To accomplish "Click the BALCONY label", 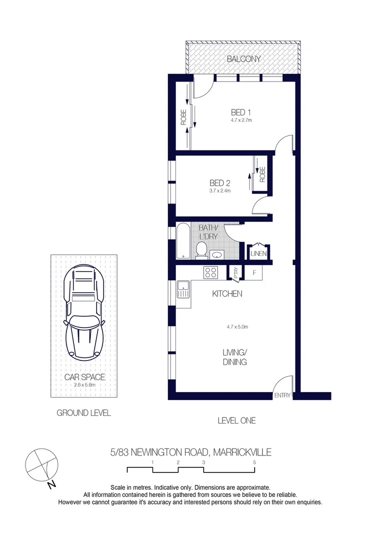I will (243, 59).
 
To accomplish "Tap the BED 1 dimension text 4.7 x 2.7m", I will (241, 120).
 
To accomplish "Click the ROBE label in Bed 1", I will (183, 117).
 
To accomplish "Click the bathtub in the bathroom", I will (183, 241).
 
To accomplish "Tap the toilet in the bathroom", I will (201, 250).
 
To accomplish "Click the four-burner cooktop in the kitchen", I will (210, 272).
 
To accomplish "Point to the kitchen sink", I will (183, 289).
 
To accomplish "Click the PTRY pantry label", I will (235, 272).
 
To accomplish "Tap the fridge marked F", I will (254, 272).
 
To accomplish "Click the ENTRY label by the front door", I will (282, 395).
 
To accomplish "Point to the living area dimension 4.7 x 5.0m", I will (237, 327).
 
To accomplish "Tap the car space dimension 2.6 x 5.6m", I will (84, 385).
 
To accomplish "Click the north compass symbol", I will (42, 464).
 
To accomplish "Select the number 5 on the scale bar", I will (254, 462).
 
